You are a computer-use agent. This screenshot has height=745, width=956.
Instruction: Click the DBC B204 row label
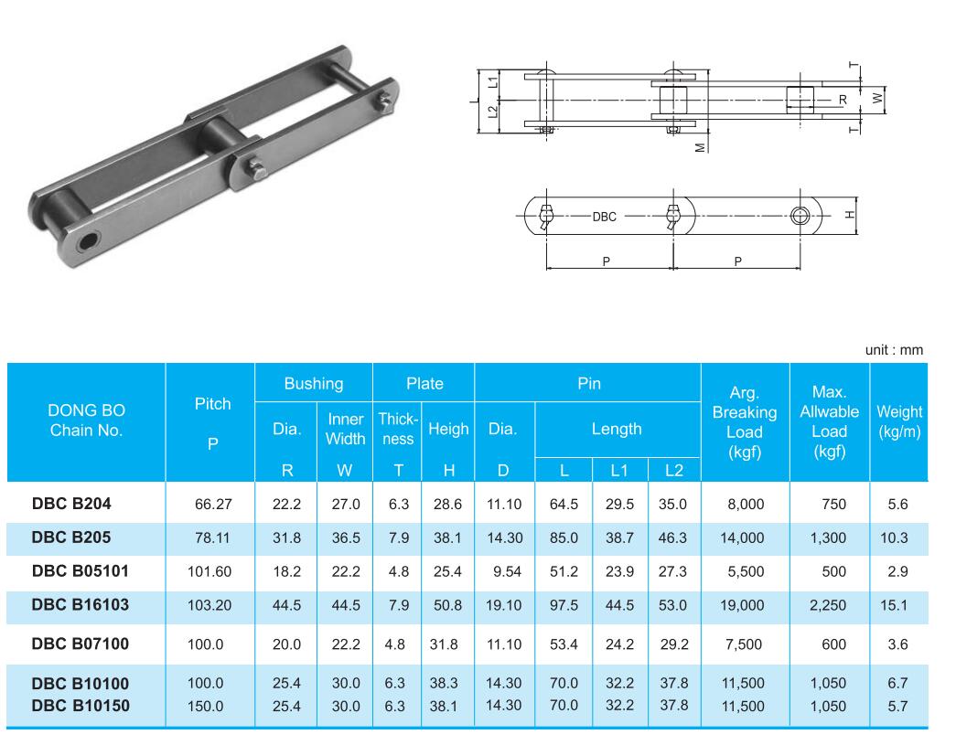click(71, 504)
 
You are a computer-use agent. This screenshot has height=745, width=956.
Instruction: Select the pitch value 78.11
click(212, 537)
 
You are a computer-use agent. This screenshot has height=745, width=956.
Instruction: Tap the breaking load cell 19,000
click(742, 605)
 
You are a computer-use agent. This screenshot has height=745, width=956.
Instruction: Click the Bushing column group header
click(314, 384)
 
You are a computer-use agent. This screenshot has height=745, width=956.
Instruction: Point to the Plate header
click(424, 384)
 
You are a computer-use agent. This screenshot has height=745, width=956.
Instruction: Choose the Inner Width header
click(345, 429)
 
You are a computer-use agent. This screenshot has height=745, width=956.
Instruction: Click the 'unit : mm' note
click(894, 350)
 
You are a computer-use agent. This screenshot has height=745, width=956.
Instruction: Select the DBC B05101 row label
click(81, 571)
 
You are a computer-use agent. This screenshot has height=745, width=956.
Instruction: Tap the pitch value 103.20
click(209, 605)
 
